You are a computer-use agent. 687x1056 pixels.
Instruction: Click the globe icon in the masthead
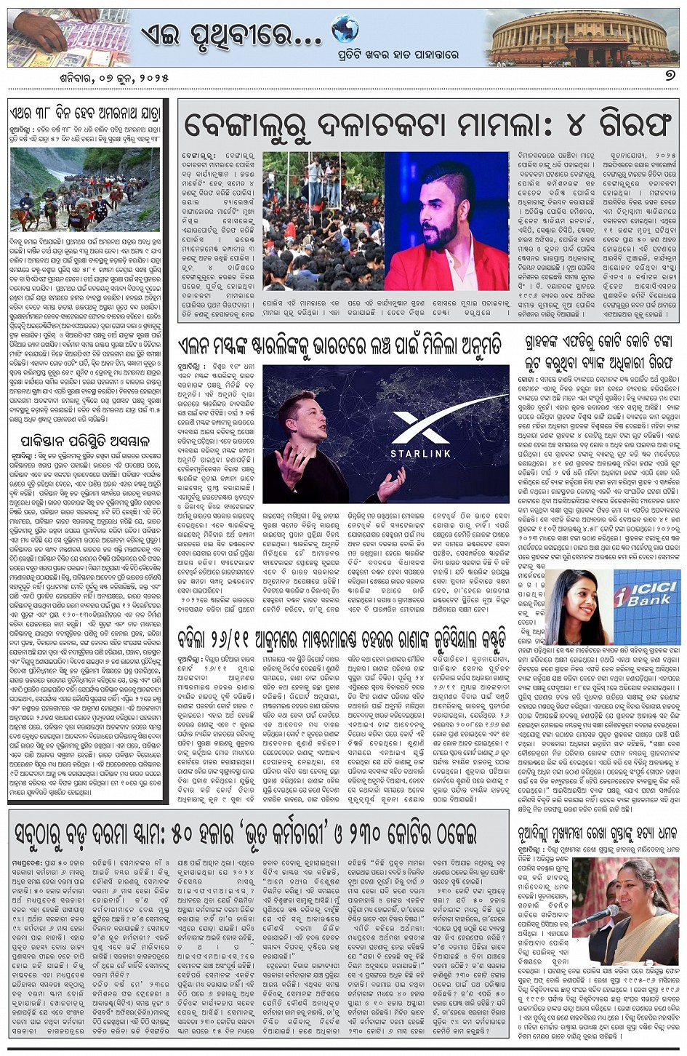345,31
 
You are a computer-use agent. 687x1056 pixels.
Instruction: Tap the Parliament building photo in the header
580,36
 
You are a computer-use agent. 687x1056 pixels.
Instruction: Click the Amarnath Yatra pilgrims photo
86,190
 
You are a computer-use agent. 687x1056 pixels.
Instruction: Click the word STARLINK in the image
420,454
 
